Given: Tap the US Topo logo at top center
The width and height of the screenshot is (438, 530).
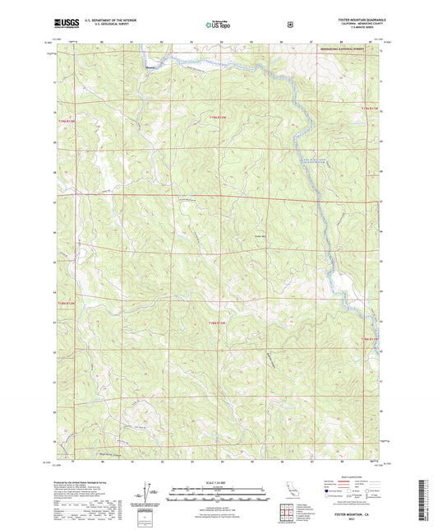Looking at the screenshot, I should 218,25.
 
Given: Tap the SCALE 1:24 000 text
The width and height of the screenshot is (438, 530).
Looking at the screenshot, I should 218,482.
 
